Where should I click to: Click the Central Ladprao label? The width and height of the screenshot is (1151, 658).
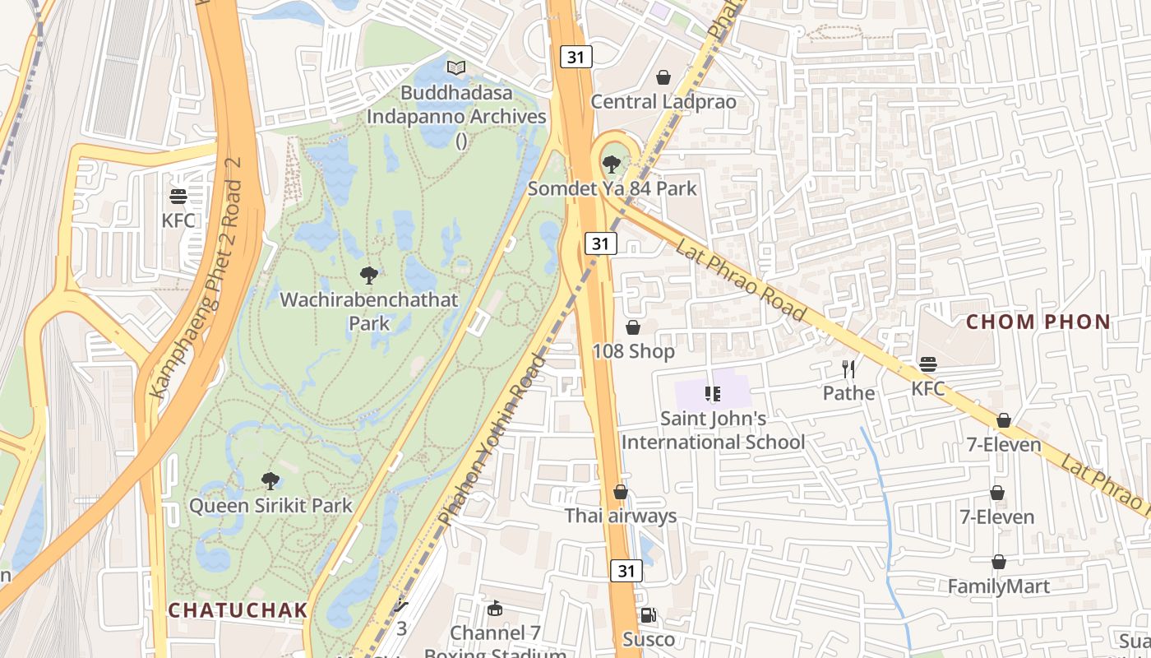click(x=663, y=102)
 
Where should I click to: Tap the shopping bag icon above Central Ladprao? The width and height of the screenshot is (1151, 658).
click(x=663, y=77)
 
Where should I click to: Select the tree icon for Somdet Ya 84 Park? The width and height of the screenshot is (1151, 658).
click(x=611, y=164)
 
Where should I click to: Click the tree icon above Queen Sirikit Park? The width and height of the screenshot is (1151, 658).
click(x=270, y=480)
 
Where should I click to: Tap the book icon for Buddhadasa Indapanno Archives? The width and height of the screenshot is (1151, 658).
click(x=455, y=67)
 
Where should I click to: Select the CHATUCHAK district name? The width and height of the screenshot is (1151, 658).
click(x=238, y=610)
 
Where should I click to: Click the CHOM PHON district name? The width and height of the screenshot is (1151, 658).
click(x=1038, y=322)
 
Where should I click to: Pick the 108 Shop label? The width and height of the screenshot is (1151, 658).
click(x=633, y=351)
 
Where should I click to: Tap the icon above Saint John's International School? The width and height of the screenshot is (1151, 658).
click(x=712, y=394)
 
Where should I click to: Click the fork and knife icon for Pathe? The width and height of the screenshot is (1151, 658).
click(x=848, y=368)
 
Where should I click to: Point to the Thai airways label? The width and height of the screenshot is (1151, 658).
click(x=620, y=516)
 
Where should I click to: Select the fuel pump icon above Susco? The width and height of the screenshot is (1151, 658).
click(x=648, y=615)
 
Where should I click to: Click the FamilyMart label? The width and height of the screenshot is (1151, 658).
click(x=998, y=586)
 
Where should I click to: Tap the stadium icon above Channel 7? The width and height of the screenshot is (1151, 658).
click(x=494, y=609)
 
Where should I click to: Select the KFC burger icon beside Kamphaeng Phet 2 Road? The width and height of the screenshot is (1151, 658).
click(x=178, y=197)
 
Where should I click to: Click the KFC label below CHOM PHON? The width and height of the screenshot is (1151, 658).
click(x=928, y=388)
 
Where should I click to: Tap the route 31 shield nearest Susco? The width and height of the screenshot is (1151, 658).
click(x=626, y=571)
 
